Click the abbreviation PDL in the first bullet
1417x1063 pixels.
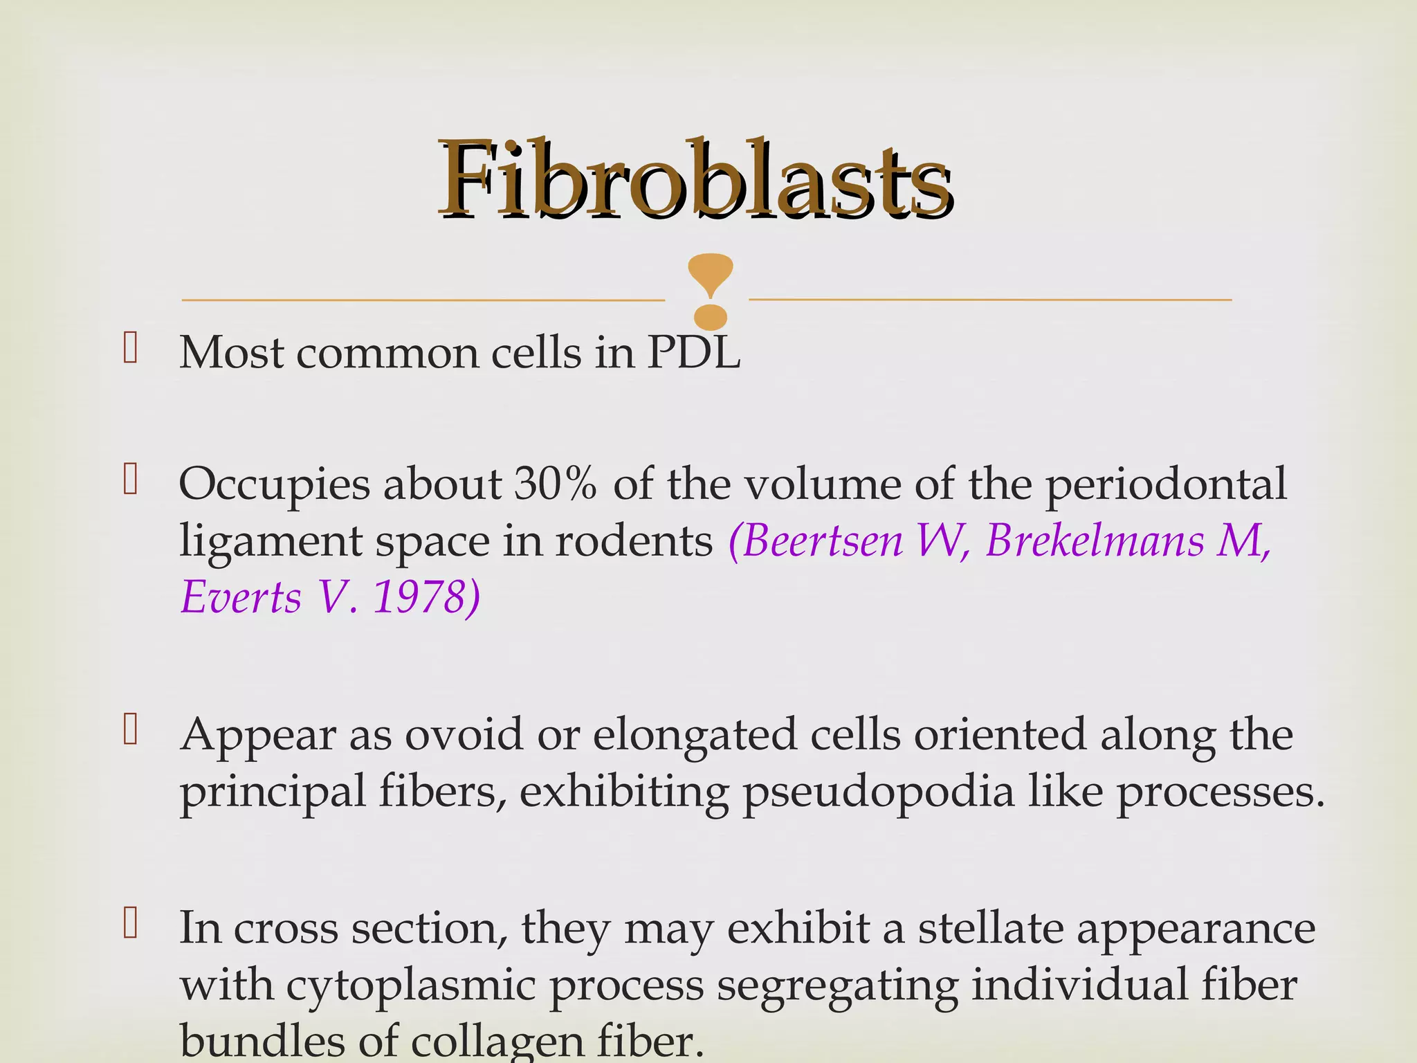pos(693,353)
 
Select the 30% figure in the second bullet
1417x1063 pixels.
pos(555,484)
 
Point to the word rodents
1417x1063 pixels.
pos(634,540)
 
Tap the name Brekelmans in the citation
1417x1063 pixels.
pos(1094,540)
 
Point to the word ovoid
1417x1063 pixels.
pos(464,734)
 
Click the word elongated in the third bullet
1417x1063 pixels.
pos(695,736)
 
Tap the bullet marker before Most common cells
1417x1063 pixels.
pos(130,348)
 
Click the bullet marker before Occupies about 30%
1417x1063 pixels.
pos(130,480)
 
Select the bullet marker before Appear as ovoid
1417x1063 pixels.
pos(130,730)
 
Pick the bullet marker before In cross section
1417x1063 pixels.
pos(130,924)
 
